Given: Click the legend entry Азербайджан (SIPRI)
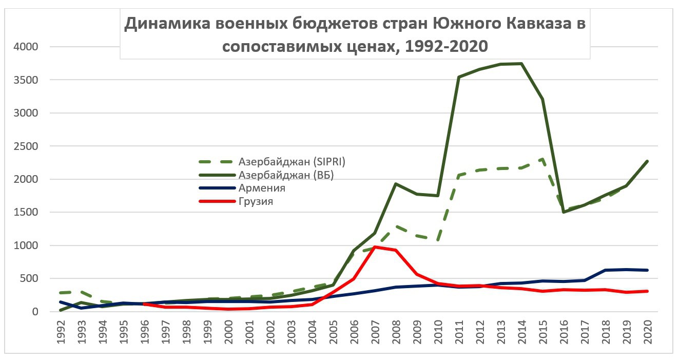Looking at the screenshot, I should pos(292,162).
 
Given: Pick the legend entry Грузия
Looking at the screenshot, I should pos(256,202).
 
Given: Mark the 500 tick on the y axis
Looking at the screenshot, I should pos(30,279).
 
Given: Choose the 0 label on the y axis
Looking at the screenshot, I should pos(35,312).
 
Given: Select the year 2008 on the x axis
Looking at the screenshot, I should pos(395,333).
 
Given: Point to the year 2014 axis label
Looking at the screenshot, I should pos(521,333).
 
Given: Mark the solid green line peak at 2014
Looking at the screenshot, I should pos(521,64).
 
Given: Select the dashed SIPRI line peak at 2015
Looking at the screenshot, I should pos(542,159).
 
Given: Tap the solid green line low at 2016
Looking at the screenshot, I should pos(564,212).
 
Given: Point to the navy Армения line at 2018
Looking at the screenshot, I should pos(606,270).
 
